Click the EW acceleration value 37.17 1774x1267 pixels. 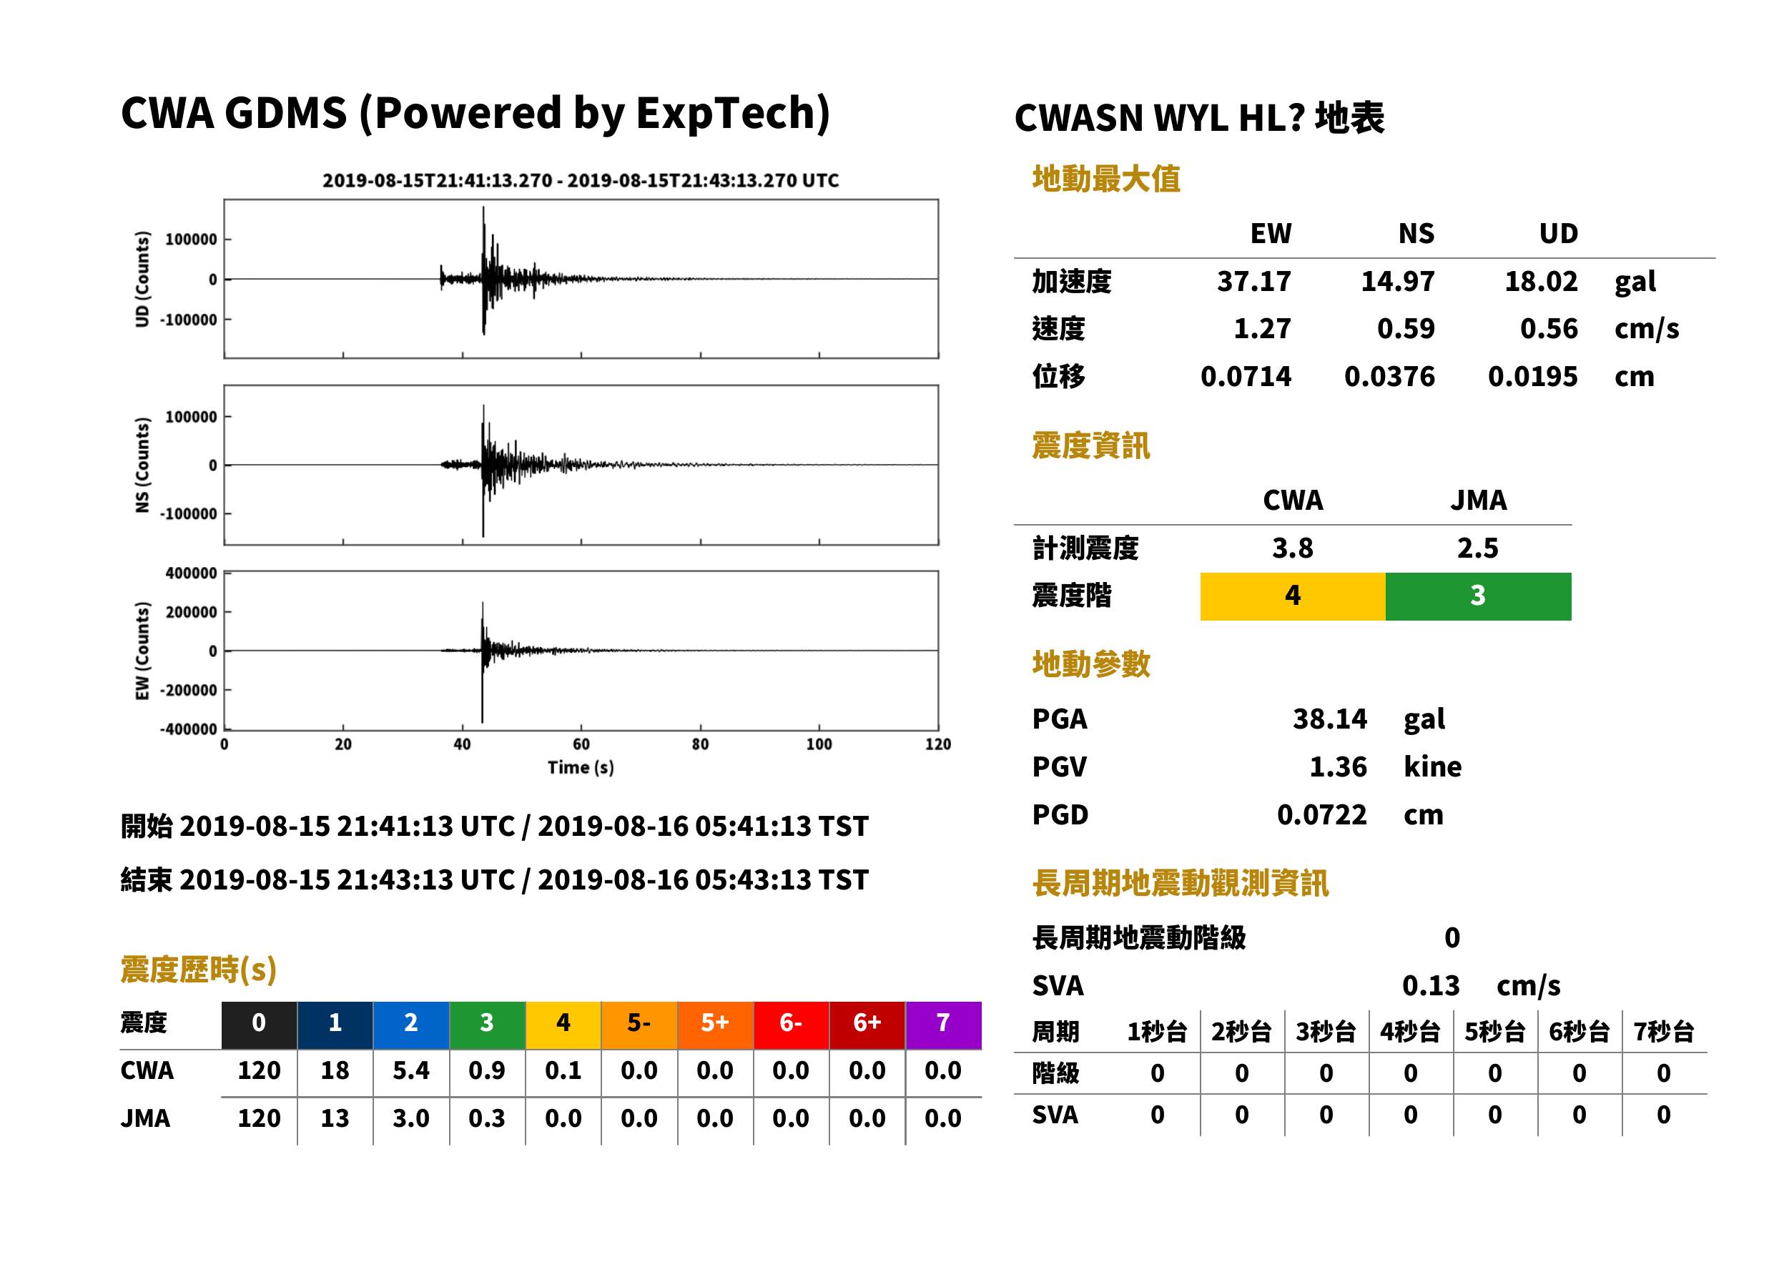click(x=1253, y=282)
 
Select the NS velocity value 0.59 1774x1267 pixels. click(x=1406, y=329)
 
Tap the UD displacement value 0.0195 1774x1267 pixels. click(x=1532, y=377)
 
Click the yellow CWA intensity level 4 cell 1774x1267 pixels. click(x=1293, y=596)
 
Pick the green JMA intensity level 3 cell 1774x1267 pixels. click(x=1479, y=596)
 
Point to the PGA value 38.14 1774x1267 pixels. click(x=1330, y=719)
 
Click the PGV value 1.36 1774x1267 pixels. click(x=1338, y=767)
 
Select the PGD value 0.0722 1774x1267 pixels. click(x=1322, y=815)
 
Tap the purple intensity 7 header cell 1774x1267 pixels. click(x=943, y=1025)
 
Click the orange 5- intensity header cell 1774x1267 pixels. click(x=639, y=1025)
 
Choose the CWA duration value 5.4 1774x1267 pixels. click(x=411, y=1070)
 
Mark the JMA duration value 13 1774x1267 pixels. click(x=335, y=1119)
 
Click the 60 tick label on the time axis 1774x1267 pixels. click(x=581, y=744)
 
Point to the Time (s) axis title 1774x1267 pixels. click(x=581, y=768)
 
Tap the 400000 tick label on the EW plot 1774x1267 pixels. click(x=191, y=573)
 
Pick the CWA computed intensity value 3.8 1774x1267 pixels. click(x=1293, y=548)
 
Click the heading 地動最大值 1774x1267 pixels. click(x=1106, y=179)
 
